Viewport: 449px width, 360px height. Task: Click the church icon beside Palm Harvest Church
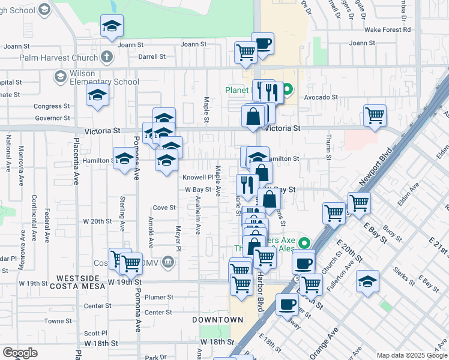[x=107, y=58]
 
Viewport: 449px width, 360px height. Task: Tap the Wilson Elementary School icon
[x=60, y=76]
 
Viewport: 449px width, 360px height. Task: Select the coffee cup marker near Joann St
[x=262, y=43]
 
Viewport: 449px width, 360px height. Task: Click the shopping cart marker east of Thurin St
[x=375, y=115]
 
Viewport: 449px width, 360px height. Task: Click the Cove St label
[x=164, y=208]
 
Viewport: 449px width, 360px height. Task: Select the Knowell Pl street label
[x=198, y=178]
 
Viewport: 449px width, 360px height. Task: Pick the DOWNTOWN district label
[x=217, y=320]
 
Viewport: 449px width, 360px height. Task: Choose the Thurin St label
[x=329, y=148]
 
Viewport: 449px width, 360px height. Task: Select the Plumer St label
[x=159, y=297]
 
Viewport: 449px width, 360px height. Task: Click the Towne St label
[x=58, y=321]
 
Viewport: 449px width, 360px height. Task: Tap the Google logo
[x=20, y=353]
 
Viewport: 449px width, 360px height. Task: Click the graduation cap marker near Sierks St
[x=367, y=281]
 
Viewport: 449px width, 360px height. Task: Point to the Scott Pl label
[x=95, y=333]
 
